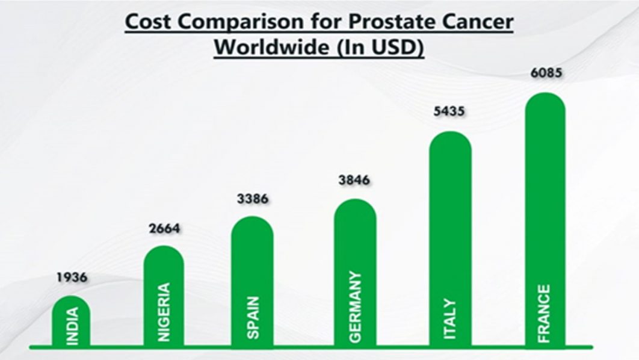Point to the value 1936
[72, 278]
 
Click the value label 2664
[164, 229]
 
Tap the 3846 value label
[354, 180]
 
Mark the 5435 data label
[451, 112]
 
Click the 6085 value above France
[545, 74]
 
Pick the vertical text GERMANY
[356, 307]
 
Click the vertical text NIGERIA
[164, 312]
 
